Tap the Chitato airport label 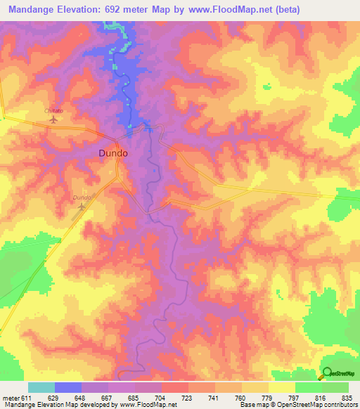[54, 111]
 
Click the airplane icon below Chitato [54, 120]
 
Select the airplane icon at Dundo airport [82, 207]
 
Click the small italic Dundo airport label [82, 198]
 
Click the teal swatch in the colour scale [41, 387]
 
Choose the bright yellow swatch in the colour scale [281, 387]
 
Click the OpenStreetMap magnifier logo [326, 373]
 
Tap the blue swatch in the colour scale [68, 387]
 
